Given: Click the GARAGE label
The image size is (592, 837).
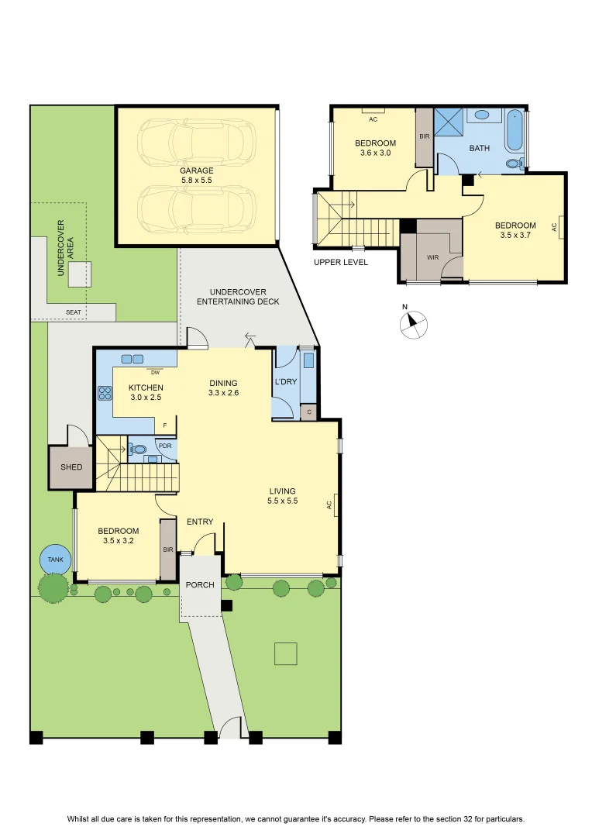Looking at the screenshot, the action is coord(197,170).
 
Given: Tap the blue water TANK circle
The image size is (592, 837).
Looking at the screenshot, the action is coord(55,560).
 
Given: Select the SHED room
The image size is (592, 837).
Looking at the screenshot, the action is coord(71,467).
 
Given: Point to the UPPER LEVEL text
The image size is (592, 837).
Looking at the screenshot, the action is coord(341,262).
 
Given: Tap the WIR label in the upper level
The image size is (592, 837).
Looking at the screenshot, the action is coord(433,257).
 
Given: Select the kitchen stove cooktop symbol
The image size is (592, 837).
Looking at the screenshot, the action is coord(105,394).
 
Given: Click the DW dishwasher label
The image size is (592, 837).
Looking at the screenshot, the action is coord(155,373).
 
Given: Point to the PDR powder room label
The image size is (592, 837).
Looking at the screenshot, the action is coord(165,446).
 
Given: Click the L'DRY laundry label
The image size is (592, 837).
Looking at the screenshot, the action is coord(286,381).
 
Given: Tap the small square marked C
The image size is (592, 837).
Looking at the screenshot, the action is coord(309,412).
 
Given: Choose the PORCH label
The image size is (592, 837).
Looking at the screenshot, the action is coord(200,585).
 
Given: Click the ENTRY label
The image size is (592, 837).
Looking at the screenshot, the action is coord(200,522).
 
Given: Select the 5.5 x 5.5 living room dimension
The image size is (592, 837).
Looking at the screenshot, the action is coord(282,501).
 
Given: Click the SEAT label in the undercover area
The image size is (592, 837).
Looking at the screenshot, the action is coord(73,312).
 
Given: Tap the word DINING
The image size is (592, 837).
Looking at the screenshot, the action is coord(223,384).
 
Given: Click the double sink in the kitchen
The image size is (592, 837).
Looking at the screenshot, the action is coord(133,360).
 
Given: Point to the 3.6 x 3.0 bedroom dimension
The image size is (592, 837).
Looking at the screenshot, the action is coord(375,153).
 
